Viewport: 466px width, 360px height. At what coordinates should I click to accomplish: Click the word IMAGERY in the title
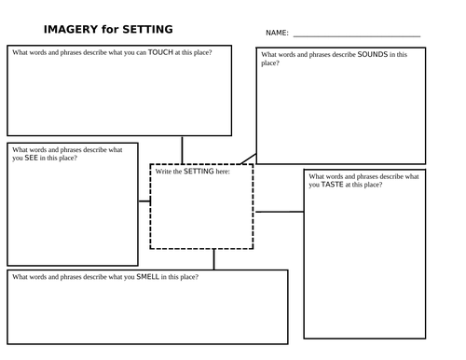71,29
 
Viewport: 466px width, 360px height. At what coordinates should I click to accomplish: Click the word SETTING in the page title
147,29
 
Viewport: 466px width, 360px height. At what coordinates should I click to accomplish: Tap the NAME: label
277,33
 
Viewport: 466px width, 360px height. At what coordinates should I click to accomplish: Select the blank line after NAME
357,36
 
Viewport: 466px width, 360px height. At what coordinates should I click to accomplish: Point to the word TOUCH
160,52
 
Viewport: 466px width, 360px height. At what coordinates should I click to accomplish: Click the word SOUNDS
373,54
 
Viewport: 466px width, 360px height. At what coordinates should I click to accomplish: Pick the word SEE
31,158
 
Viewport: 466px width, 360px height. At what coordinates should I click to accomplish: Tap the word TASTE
332,185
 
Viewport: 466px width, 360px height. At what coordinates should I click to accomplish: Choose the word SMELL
148,277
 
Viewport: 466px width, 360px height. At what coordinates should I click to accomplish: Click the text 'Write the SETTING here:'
193,172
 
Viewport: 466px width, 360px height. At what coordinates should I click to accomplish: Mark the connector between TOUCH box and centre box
182,150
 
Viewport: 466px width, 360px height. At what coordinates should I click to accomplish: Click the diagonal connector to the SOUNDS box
249,159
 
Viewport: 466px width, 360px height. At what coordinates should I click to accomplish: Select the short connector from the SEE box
144,201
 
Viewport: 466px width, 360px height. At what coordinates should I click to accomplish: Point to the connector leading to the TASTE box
280,212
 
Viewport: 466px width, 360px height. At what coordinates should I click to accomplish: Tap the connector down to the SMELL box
213,259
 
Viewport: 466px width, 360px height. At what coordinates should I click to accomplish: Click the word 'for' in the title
110,29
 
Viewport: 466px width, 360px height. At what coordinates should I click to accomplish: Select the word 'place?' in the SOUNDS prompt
270,63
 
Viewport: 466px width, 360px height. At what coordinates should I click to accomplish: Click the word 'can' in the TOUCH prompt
141,52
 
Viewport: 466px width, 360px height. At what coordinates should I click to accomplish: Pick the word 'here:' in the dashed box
223,172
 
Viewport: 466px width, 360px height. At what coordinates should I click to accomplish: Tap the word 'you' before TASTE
314,185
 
